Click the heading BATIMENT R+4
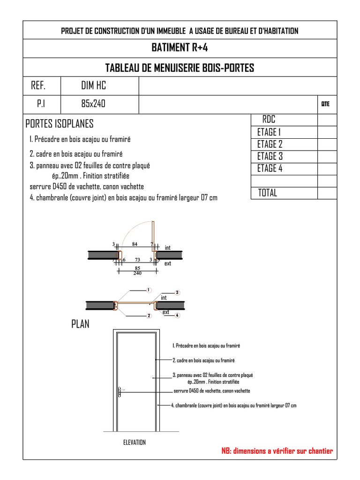[180, 48]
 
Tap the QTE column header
[325, 104]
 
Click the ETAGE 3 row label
[270, 157]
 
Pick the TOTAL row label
[267, 193]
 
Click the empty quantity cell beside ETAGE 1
[327, 132]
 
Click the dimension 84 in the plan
[135, 244]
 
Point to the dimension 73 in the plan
[137, 260]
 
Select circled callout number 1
[149, 290]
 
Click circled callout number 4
[178, 315]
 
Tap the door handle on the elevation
[120, 391]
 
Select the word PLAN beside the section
[80, 324]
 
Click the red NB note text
[277, 451]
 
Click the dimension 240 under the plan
[138, 273]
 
